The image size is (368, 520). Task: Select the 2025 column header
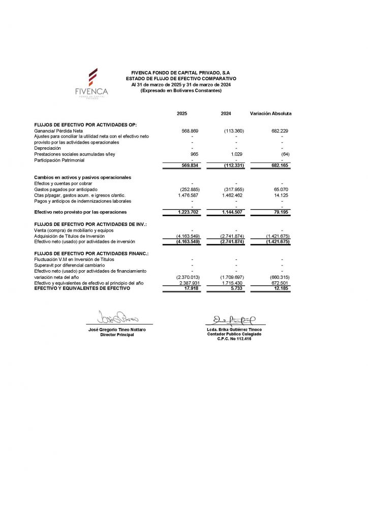click(x=182, y=113)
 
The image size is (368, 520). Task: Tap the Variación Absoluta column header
click(x=271, y=113)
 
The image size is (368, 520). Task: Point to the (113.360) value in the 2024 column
click(x=234, y=131)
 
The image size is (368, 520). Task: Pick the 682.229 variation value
click(x=280, y=131)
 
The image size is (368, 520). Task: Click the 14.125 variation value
click(x=281, y=195)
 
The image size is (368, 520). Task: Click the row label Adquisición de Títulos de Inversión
click(x=69, y=236)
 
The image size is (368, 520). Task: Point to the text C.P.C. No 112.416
click(x=234, y=339)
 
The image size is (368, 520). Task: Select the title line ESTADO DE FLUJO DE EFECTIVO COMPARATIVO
click(x=181, y=79)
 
